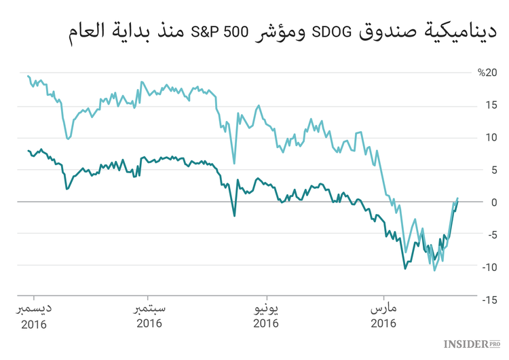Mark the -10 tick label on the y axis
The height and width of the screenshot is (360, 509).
coord(491,266)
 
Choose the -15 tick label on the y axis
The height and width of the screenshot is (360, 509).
coord(491,299)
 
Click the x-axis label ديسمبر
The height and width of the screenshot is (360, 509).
coord(34,310)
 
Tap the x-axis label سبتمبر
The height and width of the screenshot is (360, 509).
coord(149,310)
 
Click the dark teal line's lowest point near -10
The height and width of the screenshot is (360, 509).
coord(405,268)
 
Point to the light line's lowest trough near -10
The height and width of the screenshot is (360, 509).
coord(434,270)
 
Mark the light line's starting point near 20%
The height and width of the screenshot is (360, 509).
coord(28,76)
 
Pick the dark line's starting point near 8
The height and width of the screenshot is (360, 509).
coord(28,151)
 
